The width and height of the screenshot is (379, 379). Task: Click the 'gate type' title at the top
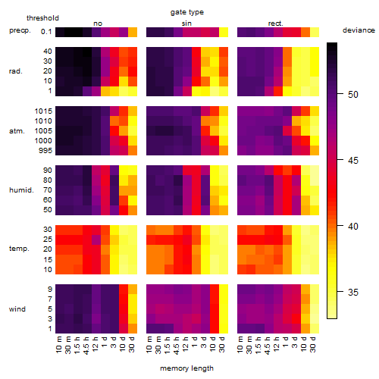(x=187, y=12)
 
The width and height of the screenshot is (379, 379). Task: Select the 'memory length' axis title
(x=186, y=368)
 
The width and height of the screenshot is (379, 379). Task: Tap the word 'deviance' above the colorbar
(x=359, y=30)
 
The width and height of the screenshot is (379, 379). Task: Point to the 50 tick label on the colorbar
(x=353, y=95)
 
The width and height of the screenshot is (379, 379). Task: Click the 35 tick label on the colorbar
(x=353, y=293)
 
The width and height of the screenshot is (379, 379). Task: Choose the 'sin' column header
(x=186, y=23)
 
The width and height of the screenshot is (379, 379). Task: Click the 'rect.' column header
(x=276, y=23)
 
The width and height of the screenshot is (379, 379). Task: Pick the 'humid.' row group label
(x=21, y=190)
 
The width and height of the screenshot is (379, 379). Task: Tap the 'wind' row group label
(x=17, y=309)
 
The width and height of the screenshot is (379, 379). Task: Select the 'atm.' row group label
(x=17, y=131)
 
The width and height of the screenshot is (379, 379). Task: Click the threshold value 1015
(x=43, y=111)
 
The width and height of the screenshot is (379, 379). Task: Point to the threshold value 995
(x=45, y=151)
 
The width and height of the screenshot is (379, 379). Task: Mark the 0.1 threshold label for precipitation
(x=46, y=32)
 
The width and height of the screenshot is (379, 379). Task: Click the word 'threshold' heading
(x=42, y=18)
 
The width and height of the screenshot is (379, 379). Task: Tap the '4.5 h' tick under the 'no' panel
(x=86, y=346)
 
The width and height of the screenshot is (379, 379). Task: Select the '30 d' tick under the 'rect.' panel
(x=313, y=344)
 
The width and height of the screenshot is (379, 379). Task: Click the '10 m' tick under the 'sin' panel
(x=149, y=345)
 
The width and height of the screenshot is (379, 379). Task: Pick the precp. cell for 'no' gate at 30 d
(x=133, y=33)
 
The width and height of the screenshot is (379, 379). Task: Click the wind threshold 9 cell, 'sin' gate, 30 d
(x=224, y=290)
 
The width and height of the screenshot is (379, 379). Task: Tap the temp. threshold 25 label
(x=48, y=240)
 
